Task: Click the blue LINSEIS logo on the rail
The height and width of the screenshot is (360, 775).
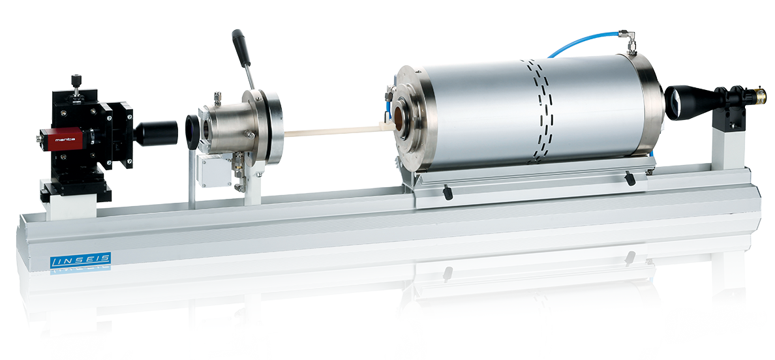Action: [80, 260]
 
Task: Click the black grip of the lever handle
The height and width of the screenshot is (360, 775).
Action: [241, 48]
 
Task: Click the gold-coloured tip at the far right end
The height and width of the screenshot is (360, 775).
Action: [762, 95]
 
